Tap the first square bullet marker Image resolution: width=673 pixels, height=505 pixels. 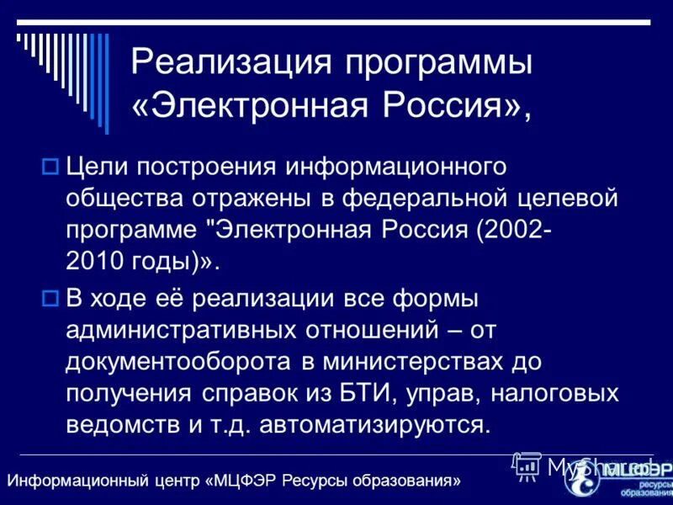pyautogui.click(x=49, y=167)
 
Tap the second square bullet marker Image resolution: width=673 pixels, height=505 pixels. pyautogui.click(x=49, y=297)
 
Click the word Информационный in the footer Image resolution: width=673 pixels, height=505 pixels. pyautogui.click(x=63, y=481)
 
